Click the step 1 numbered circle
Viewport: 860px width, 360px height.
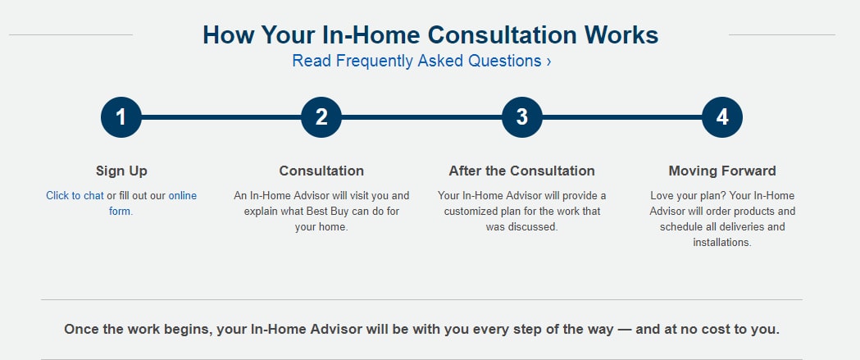click(x=121, y=117)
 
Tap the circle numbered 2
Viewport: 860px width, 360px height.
click(x=321, y=117)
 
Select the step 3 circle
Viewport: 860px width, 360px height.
click(x=522, y=117)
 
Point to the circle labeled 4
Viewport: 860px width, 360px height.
click(x=722, y=117)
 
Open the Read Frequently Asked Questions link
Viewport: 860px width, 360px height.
click(x=421, y=61)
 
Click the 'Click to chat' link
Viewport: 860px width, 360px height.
click(x=75, y=196)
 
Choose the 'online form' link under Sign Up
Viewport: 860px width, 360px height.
click(x=153, y=203)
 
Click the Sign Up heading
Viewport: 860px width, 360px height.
click(x=121, y=171)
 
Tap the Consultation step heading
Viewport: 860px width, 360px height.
click(x=321, y=171)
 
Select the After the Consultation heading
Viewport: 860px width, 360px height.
click(x=521, y=171)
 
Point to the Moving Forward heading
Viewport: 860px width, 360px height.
click(x=722, y=171)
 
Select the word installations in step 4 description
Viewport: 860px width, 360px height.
click(x=721, y=242)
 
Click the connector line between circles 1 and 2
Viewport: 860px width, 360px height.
click(x=221, y=117)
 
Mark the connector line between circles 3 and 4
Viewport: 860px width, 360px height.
click(x=622, y=117)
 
